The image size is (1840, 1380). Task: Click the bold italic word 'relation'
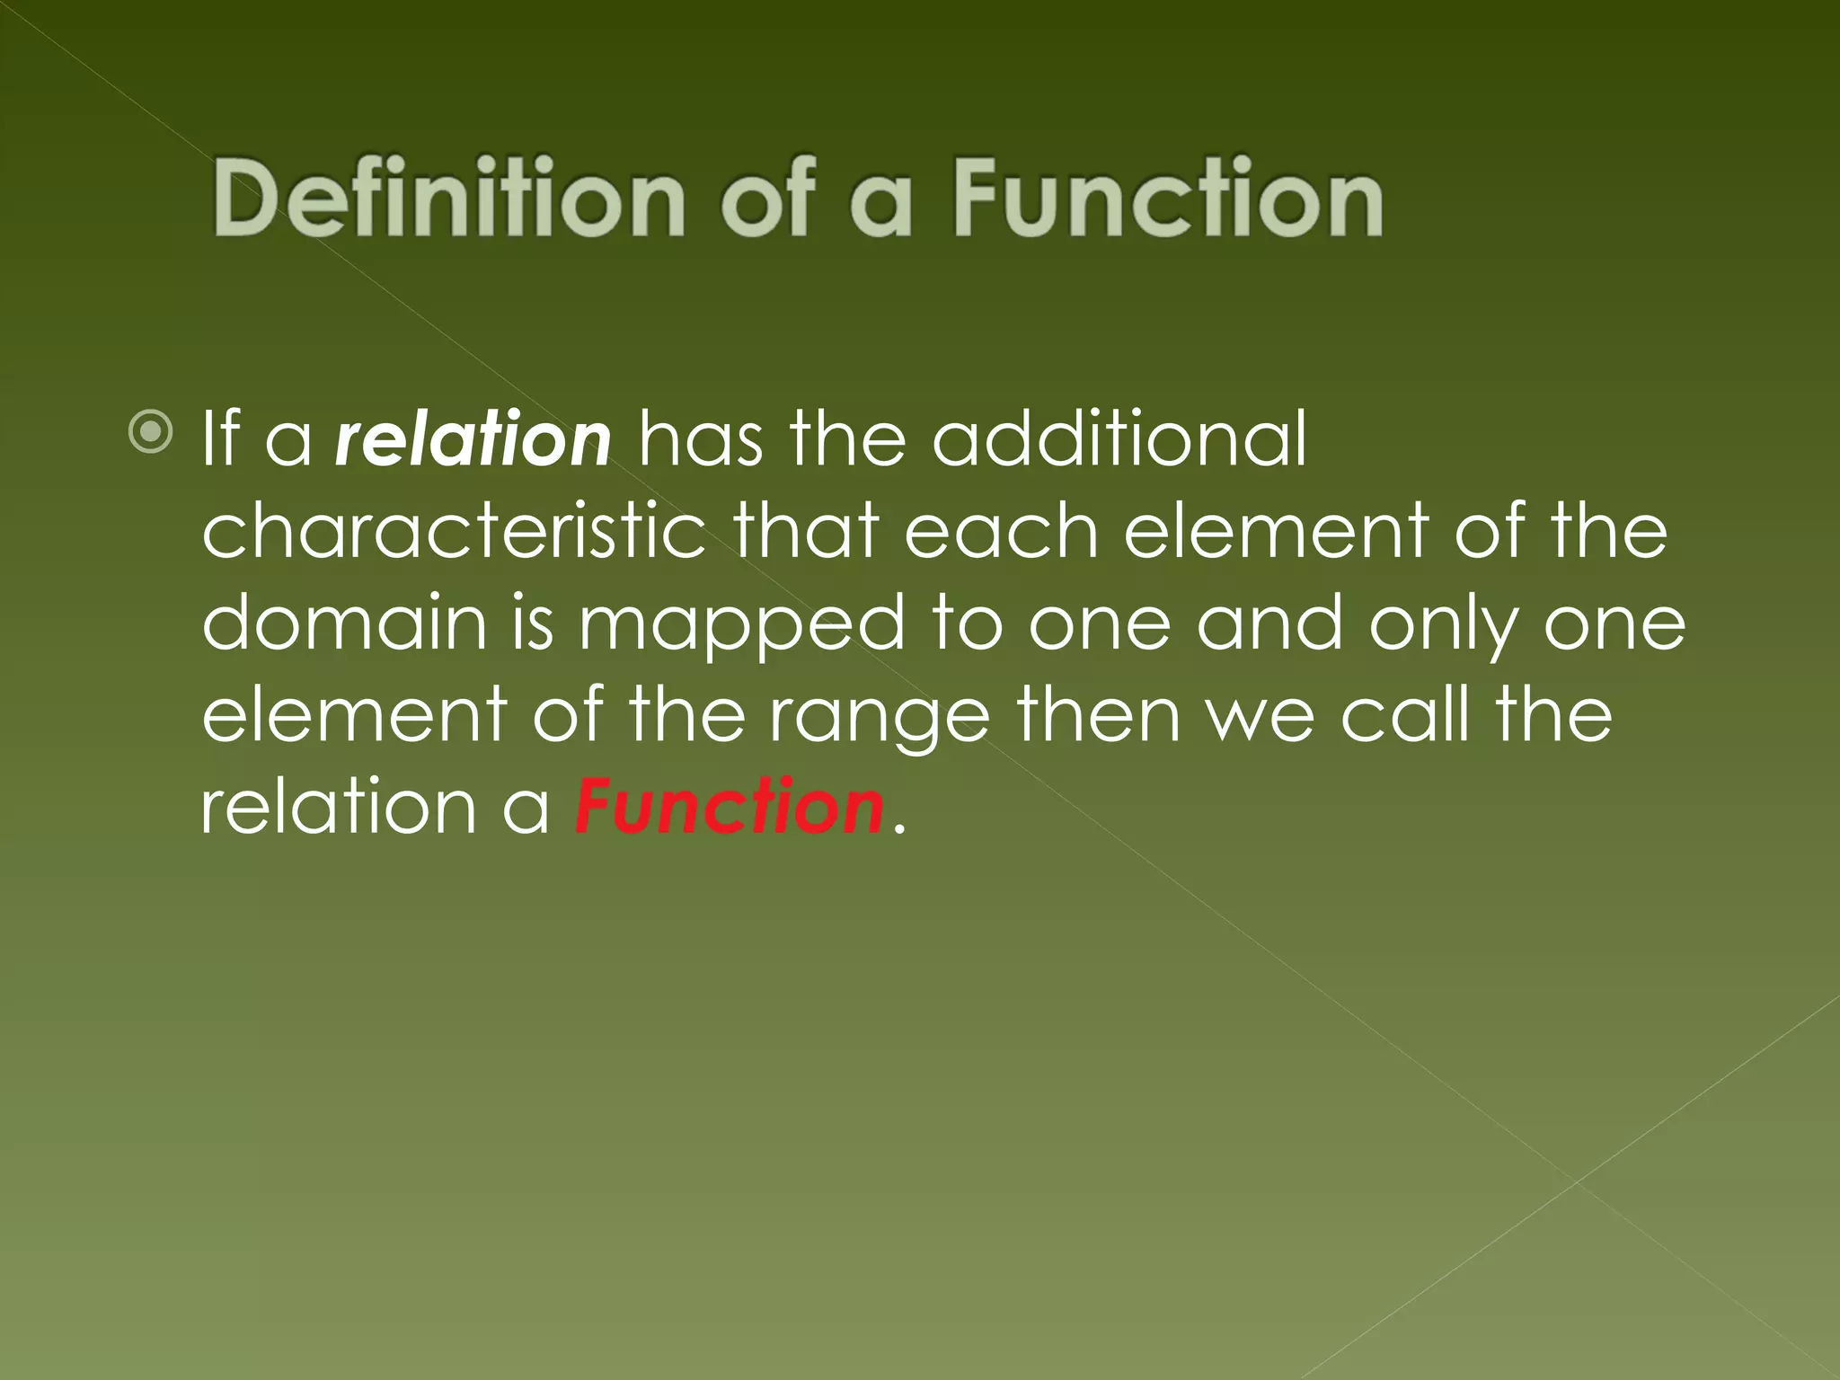[x=473, y=439]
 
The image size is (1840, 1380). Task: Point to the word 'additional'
[x=1119, y=439]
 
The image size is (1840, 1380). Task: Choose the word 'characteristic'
[x=454, y=532]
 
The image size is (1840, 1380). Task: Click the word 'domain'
[x=344, y=624]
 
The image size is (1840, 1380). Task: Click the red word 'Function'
[x=729, y=808]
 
